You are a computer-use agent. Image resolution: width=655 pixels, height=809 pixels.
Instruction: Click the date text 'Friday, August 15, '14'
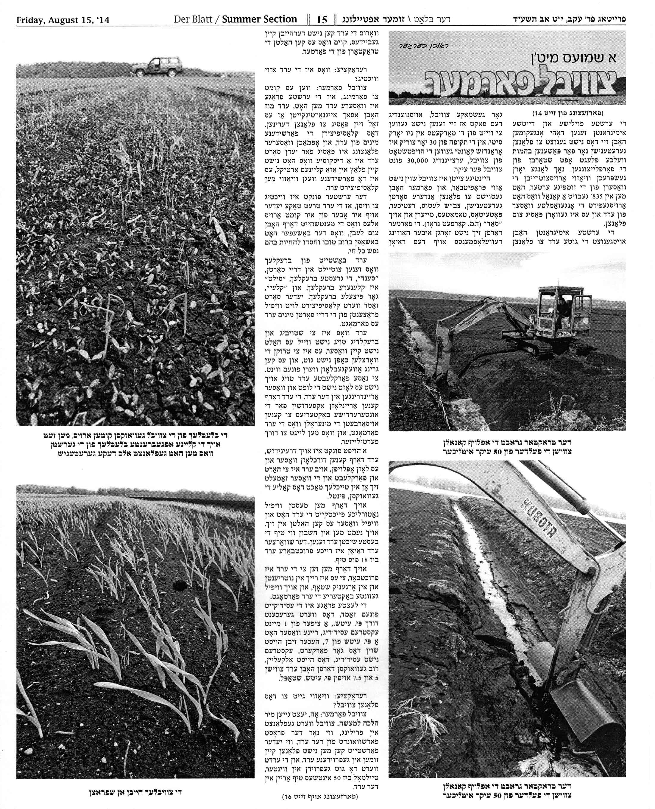click(63, 20)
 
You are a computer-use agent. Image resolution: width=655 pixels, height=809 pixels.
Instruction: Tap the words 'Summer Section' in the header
click(259, 19)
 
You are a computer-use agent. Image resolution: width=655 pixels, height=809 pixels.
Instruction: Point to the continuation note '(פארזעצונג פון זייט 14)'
click(568, 113)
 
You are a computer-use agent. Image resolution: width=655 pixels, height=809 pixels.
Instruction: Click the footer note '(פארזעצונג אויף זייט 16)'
click(320, 796)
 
